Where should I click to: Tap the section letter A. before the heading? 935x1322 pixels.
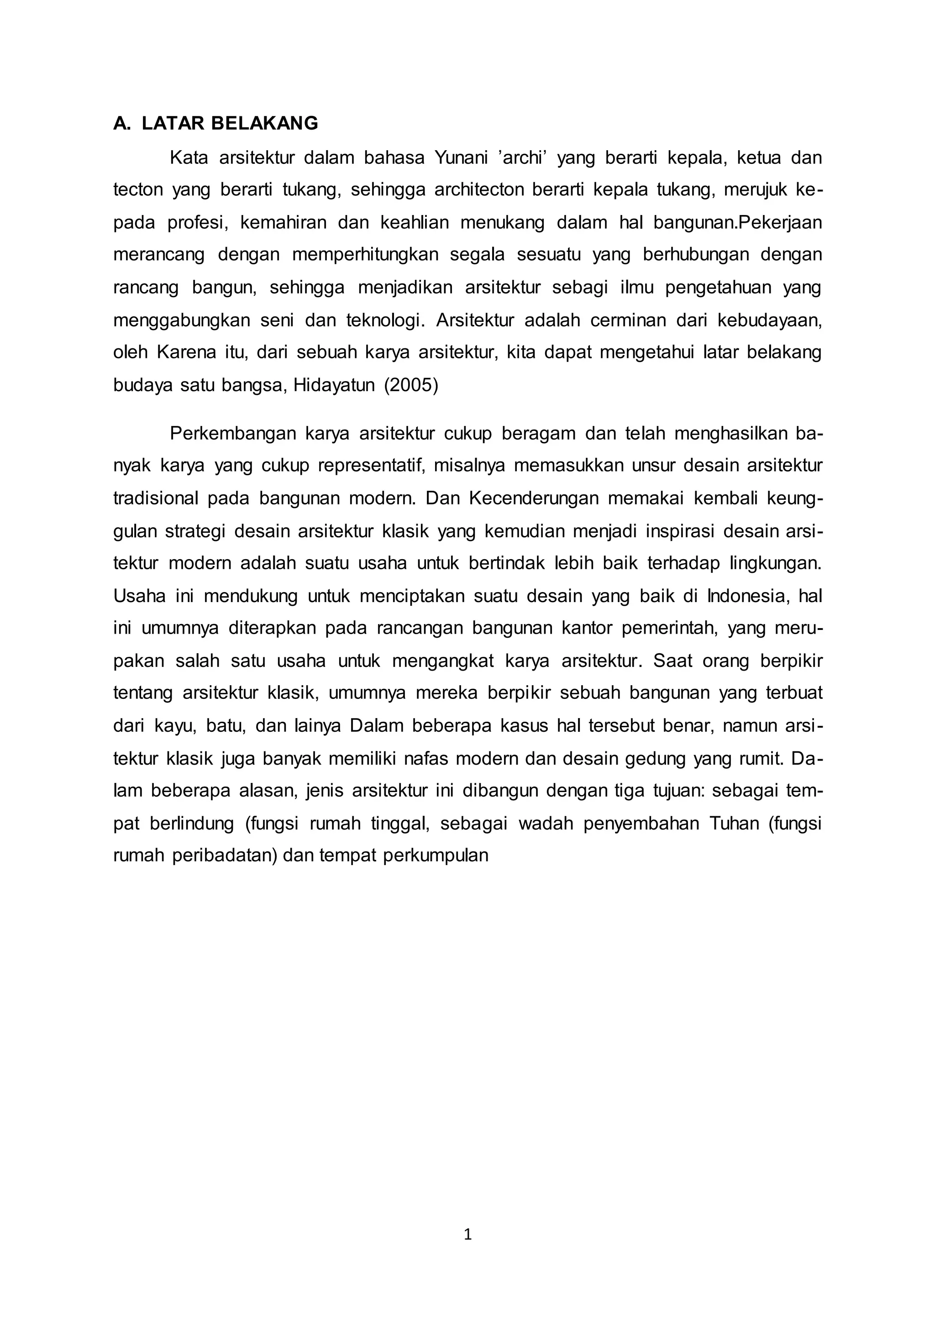(x=121, y=123)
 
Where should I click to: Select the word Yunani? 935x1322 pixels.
(x=461, y=157)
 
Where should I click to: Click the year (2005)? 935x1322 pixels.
(x=410, y=385)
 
